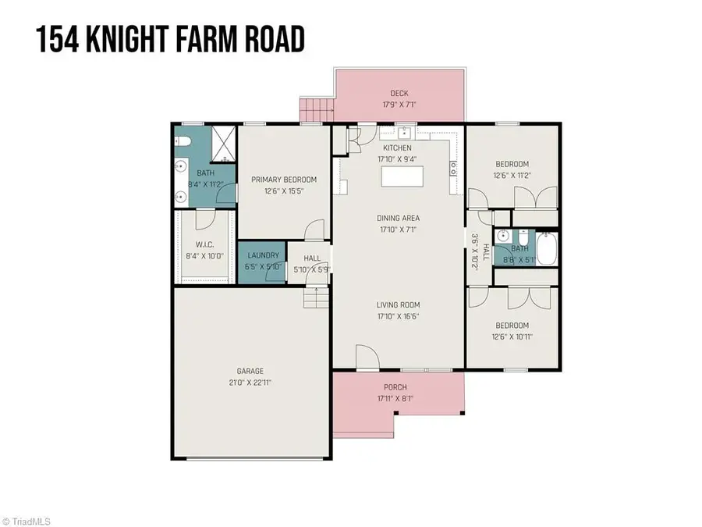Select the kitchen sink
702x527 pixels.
(404, 131)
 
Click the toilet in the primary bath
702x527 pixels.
(183, 141)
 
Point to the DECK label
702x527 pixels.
(399, 94)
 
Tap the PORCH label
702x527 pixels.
(395, 387)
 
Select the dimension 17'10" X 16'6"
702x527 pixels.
(399, 316)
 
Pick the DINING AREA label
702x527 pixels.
(399, 218)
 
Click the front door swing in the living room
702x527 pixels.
(367, 357)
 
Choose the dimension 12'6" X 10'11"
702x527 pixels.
(512, 337)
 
